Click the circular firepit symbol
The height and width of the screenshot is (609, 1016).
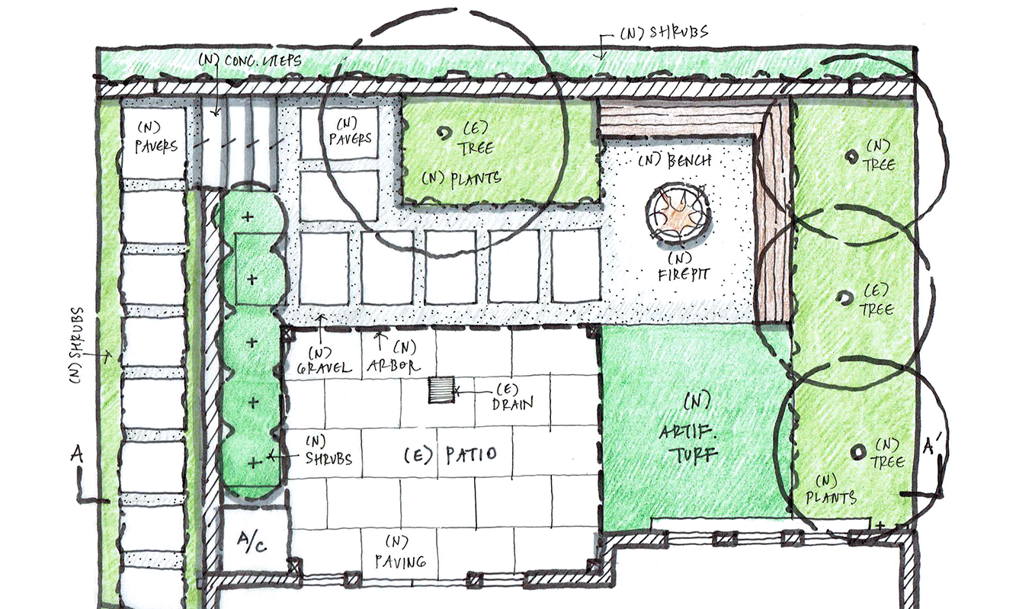pyautogui.click(x=678, y=213)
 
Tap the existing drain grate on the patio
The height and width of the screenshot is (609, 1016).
pyautogui.click(x=442, y=389)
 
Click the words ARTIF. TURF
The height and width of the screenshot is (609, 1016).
pyautogui.click(x=688, y=443)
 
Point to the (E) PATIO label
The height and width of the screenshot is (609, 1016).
pyautogui.click(x=450, y=455)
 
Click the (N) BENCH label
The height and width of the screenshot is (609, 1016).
pyautogui.click(x=675, y=160)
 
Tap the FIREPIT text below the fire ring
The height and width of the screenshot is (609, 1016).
pyautogui.click(x=684, y=274)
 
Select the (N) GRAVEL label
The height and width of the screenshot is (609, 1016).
pyautogui.click(x=324, y=361)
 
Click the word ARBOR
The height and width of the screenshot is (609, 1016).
pyautogui.click(x=394, y=366)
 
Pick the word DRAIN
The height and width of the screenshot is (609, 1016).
pyautogui.click(x=512, y=403)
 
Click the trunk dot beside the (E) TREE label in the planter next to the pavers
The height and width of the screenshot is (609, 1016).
pyautogui.click(x=444, y=133)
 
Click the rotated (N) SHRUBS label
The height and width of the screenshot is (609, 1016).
pyautogui.click(x=78, y=345)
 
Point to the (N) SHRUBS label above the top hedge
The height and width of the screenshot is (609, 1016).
pyautogui.click(x=665, y=33)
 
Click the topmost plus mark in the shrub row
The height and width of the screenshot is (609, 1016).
pyautogui.click(x=248, y=216)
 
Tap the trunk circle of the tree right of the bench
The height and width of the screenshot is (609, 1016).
pyautogui.click(x=851, y=157)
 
